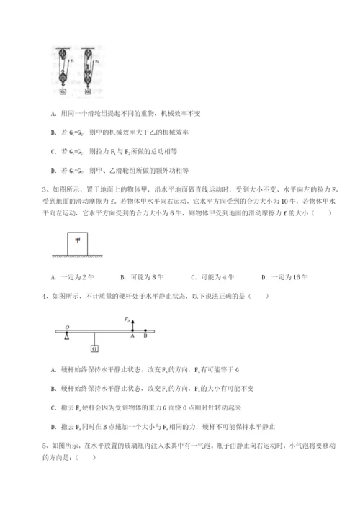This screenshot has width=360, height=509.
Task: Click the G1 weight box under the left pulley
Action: click(63, 91)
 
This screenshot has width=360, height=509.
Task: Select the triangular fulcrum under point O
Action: click(67, 335)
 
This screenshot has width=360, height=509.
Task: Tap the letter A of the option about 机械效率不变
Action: click(55, 113)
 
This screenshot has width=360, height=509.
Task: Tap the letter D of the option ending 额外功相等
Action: click(55, 171)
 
